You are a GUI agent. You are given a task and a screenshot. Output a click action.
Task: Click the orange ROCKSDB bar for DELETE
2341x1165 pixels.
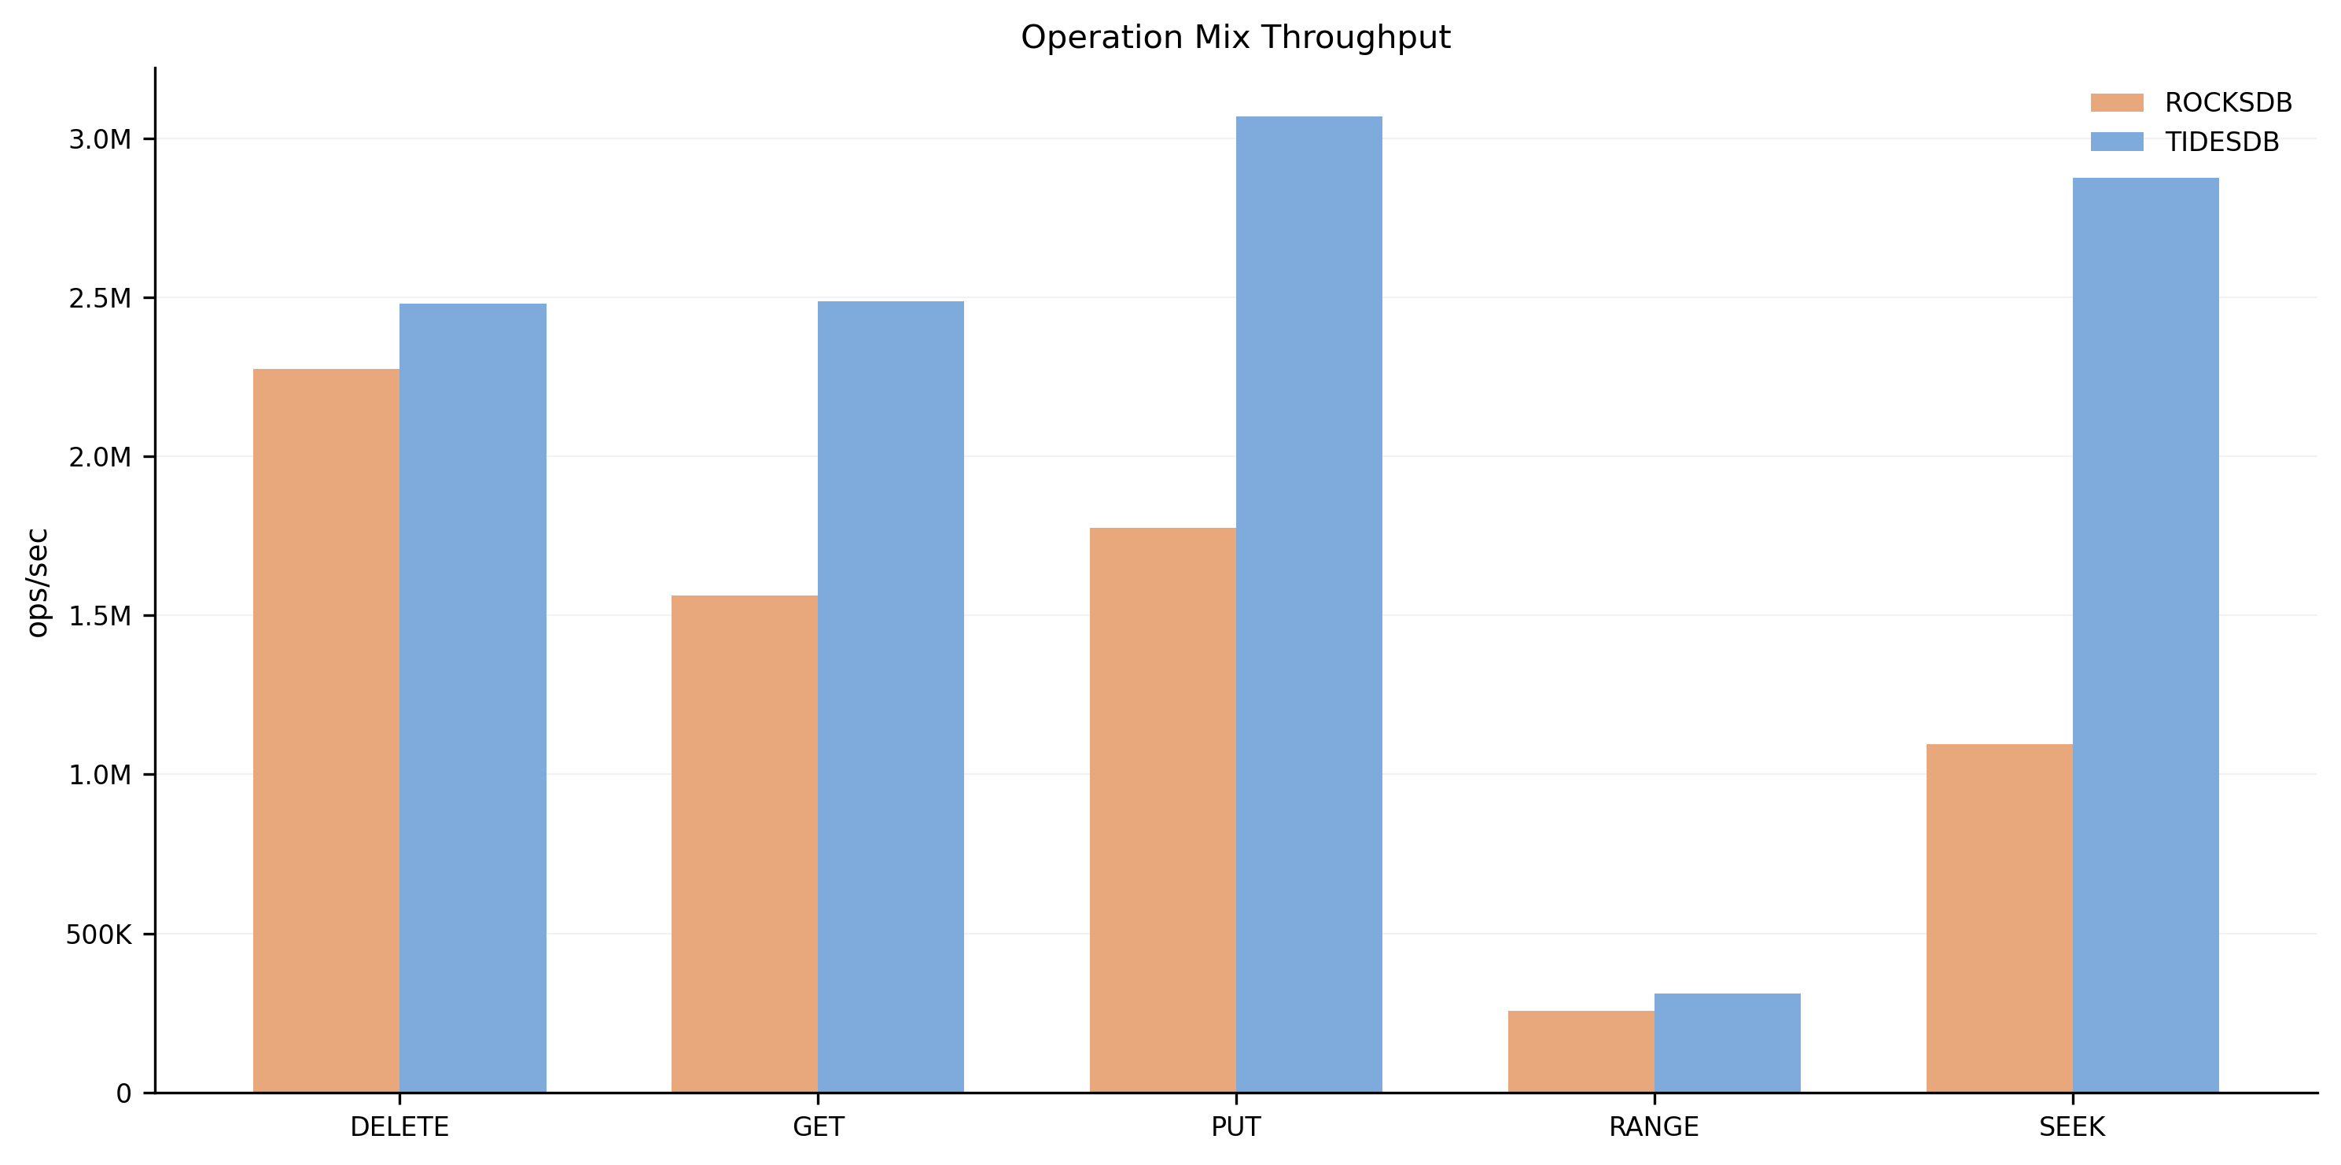[x=326, y=731]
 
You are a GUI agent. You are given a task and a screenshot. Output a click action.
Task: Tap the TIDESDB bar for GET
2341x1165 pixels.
[x=891, y=697]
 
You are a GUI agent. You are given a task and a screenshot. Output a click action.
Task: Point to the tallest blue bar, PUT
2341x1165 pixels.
[x=1309, y=604]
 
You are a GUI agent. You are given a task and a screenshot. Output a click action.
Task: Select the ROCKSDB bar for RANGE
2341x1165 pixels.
[x=1581, y=1052]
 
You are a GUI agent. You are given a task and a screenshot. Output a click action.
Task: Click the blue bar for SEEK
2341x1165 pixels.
[x=2146, y=636]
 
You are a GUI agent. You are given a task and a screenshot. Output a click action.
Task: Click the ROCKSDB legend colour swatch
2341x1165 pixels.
[x=2117, y=103]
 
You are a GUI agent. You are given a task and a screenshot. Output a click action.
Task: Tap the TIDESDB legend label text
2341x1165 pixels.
[x=2222, y=142]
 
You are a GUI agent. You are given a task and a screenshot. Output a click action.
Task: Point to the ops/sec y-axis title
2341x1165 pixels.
[x=37, y=582]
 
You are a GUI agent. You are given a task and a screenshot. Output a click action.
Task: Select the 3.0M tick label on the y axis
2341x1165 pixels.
[x=100, y=139]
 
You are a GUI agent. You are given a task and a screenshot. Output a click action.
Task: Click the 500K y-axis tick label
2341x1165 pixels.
[x=98, y=935]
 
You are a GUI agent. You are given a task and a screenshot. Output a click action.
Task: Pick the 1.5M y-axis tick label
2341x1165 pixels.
[x=100, y=616]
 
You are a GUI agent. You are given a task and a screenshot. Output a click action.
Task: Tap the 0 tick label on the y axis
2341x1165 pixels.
[x=123, y=1093]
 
